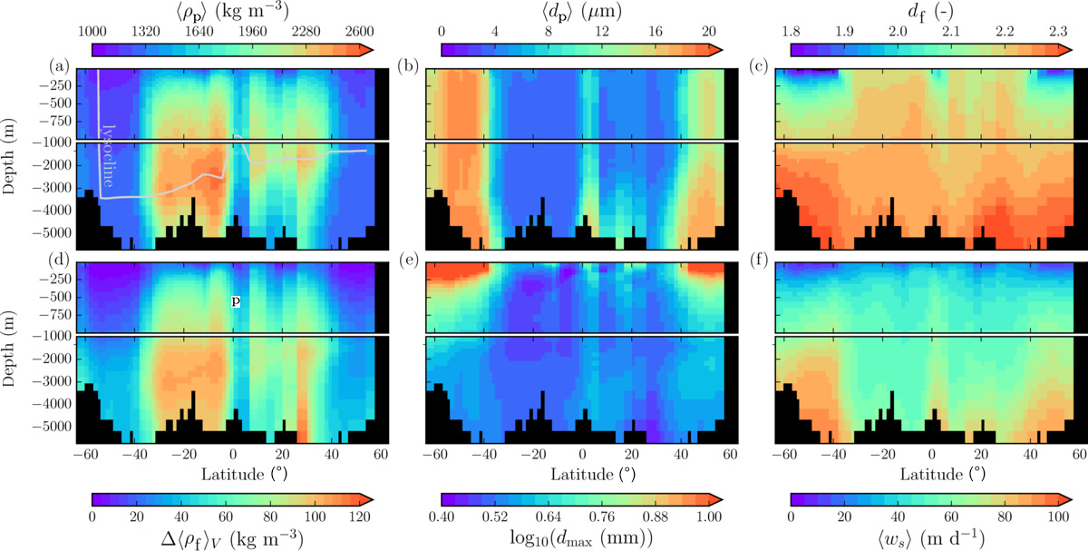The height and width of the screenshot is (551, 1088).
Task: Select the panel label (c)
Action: (x=759, y=65)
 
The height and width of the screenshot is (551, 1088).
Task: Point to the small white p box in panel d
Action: (x=236, y=300)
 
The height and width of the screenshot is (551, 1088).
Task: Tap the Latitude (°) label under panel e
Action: (x=582, y=474)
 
